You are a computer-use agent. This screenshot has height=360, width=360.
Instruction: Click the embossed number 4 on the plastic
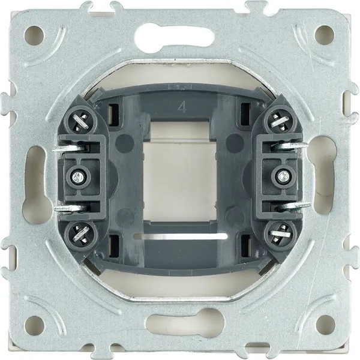182,107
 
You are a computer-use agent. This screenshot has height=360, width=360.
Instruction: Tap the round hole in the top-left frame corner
34,36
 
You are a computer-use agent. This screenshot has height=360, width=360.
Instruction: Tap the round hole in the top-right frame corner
325,35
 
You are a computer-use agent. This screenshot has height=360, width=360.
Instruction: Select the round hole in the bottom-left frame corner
34,325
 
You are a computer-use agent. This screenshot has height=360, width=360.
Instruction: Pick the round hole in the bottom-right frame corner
325,325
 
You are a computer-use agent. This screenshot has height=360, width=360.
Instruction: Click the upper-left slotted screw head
79,121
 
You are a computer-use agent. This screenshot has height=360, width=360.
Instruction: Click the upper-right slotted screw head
280,121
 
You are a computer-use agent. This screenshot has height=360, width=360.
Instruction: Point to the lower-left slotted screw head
80,233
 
